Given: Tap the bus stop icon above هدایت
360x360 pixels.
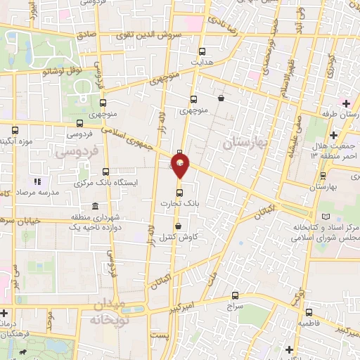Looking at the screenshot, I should [x=202, y=51].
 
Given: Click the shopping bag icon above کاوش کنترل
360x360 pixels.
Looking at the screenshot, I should [x=180, y=226].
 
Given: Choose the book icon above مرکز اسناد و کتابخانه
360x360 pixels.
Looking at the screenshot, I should [x=323, y=217].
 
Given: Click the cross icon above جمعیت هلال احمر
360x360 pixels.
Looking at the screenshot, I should [x=334, y=134].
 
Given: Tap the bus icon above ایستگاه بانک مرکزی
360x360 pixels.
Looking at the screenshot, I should [x=106, y=171].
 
